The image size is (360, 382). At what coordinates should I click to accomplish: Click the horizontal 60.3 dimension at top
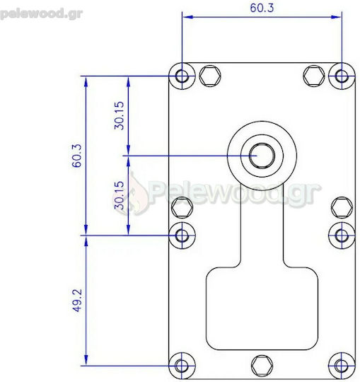262,8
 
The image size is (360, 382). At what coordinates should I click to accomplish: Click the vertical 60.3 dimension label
76,156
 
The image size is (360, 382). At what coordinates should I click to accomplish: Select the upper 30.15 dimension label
120,115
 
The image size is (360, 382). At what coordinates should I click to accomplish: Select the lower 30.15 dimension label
120,195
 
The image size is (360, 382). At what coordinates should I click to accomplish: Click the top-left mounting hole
182,76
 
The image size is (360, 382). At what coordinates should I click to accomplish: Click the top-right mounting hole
342,76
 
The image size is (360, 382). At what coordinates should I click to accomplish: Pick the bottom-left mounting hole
182,366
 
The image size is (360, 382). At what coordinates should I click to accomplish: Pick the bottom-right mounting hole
342,366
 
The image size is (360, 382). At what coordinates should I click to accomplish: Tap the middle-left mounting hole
182,236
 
